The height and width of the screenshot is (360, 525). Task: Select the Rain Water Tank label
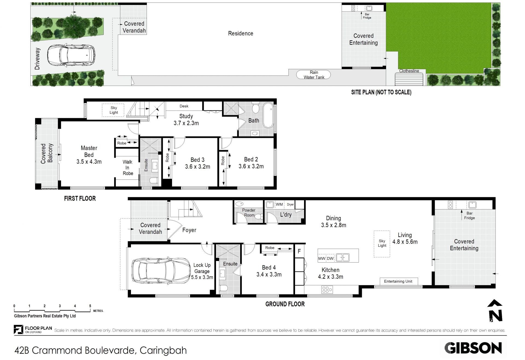[x=314, y=75]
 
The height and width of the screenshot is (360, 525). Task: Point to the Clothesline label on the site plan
[x=409, y=71]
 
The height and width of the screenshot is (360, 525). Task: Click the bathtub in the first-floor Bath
[x=268, y=115]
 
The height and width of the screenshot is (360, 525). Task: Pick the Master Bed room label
[x=89, y=155]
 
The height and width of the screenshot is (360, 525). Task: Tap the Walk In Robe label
[x=128, y=168]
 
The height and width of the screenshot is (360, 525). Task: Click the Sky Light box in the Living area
[x=382, y=243]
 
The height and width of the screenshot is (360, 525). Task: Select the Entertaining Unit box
[x=398, y=281]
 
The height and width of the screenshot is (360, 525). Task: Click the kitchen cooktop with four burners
[x=327, y=290]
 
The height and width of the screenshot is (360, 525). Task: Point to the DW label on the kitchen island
[x=330, y=258]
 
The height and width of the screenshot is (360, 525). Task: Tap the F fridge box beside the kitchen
[x=299, y=251]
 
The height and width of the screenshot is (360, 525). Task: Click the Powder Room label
[x=249, y=213]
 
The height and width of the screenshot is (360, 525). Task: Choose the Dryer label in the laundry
[x=290, y=204]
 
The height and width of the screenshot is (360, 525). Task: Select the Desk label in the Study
[x=184, y=106]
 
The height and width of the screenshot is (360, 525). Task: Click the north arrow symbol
[x=495, y=311]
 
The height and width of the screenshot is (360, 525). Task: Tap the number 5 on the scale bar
[x=90, y=306]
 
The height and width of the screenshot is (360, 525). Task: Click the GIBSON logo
[x=473, y=348]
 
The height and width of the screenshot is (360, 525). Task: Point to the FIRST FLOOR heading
[x=80, y=199]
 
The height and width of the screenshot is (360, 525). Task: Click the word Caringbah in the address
[x=163, y=350]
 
